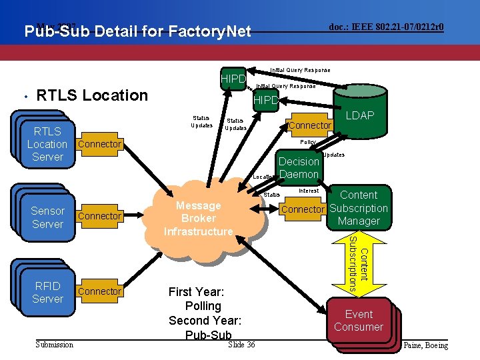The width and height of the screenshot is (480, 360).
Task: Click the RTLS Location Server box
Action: click(47, 144)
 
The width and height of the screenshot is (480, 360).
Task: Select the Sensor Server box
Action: click(47, 217)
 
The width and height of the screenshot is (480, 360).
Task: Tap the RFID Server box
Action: click(47, 292)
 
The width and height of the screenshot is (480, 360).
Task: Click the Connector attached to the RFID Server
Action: click(99, 291)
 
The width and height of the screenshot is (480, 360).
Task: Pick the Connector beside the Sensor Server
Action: click(99, 216)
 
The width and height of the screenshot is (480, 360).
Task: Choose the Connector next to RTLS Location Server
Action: click(99, 144)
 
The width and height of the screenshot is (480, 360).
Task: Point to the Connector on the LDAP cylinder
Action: click(309, 125)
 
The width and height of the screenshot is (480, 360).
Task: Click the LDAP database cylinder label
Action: click(360, 116)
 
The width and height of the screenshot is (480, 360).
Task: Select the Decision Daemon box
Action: click(299, 168)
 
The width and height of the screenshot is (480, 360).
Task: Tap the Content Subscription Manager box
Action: click(359, 208)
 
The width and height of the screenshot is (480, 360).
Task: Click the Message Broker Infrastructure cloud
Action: click(199, 218)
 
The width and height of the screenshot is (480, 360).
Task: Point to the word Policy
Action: click(308, 143)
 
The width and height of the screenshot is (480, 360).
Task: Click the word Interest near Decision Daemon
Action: click(309, 191)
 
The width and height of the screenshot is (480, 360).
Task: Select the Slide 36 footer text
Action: click(241, 344)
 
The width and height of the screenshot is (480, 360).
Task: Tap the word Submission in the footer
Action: click(55, 344)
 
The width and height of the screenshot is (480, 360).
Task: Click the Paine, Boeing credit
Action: click(426, 345)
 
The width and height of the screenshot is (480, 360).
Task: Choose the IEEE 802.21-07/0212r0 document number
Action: click(387, 27)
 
